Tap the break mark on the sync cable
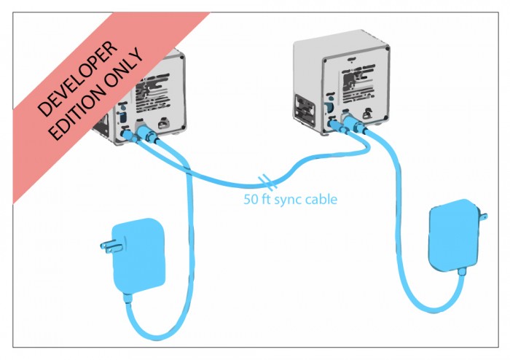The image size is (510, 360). pyautogui.click(x=267, y=179)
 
